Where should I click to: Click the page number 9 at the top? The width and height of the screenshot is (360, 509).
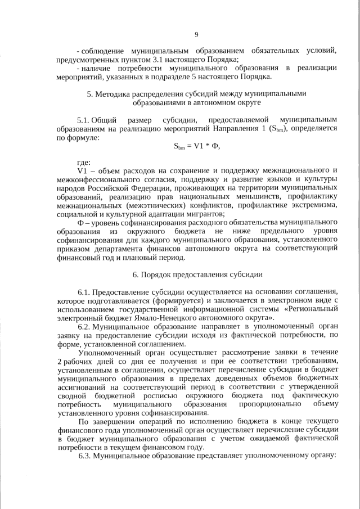coord(196,35)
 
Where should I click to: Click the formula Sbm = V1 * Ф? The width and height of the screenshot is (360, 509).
coord(196,147)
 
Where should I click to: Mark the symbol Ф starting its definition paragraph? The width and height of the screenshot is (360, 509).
coord(80,222)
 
